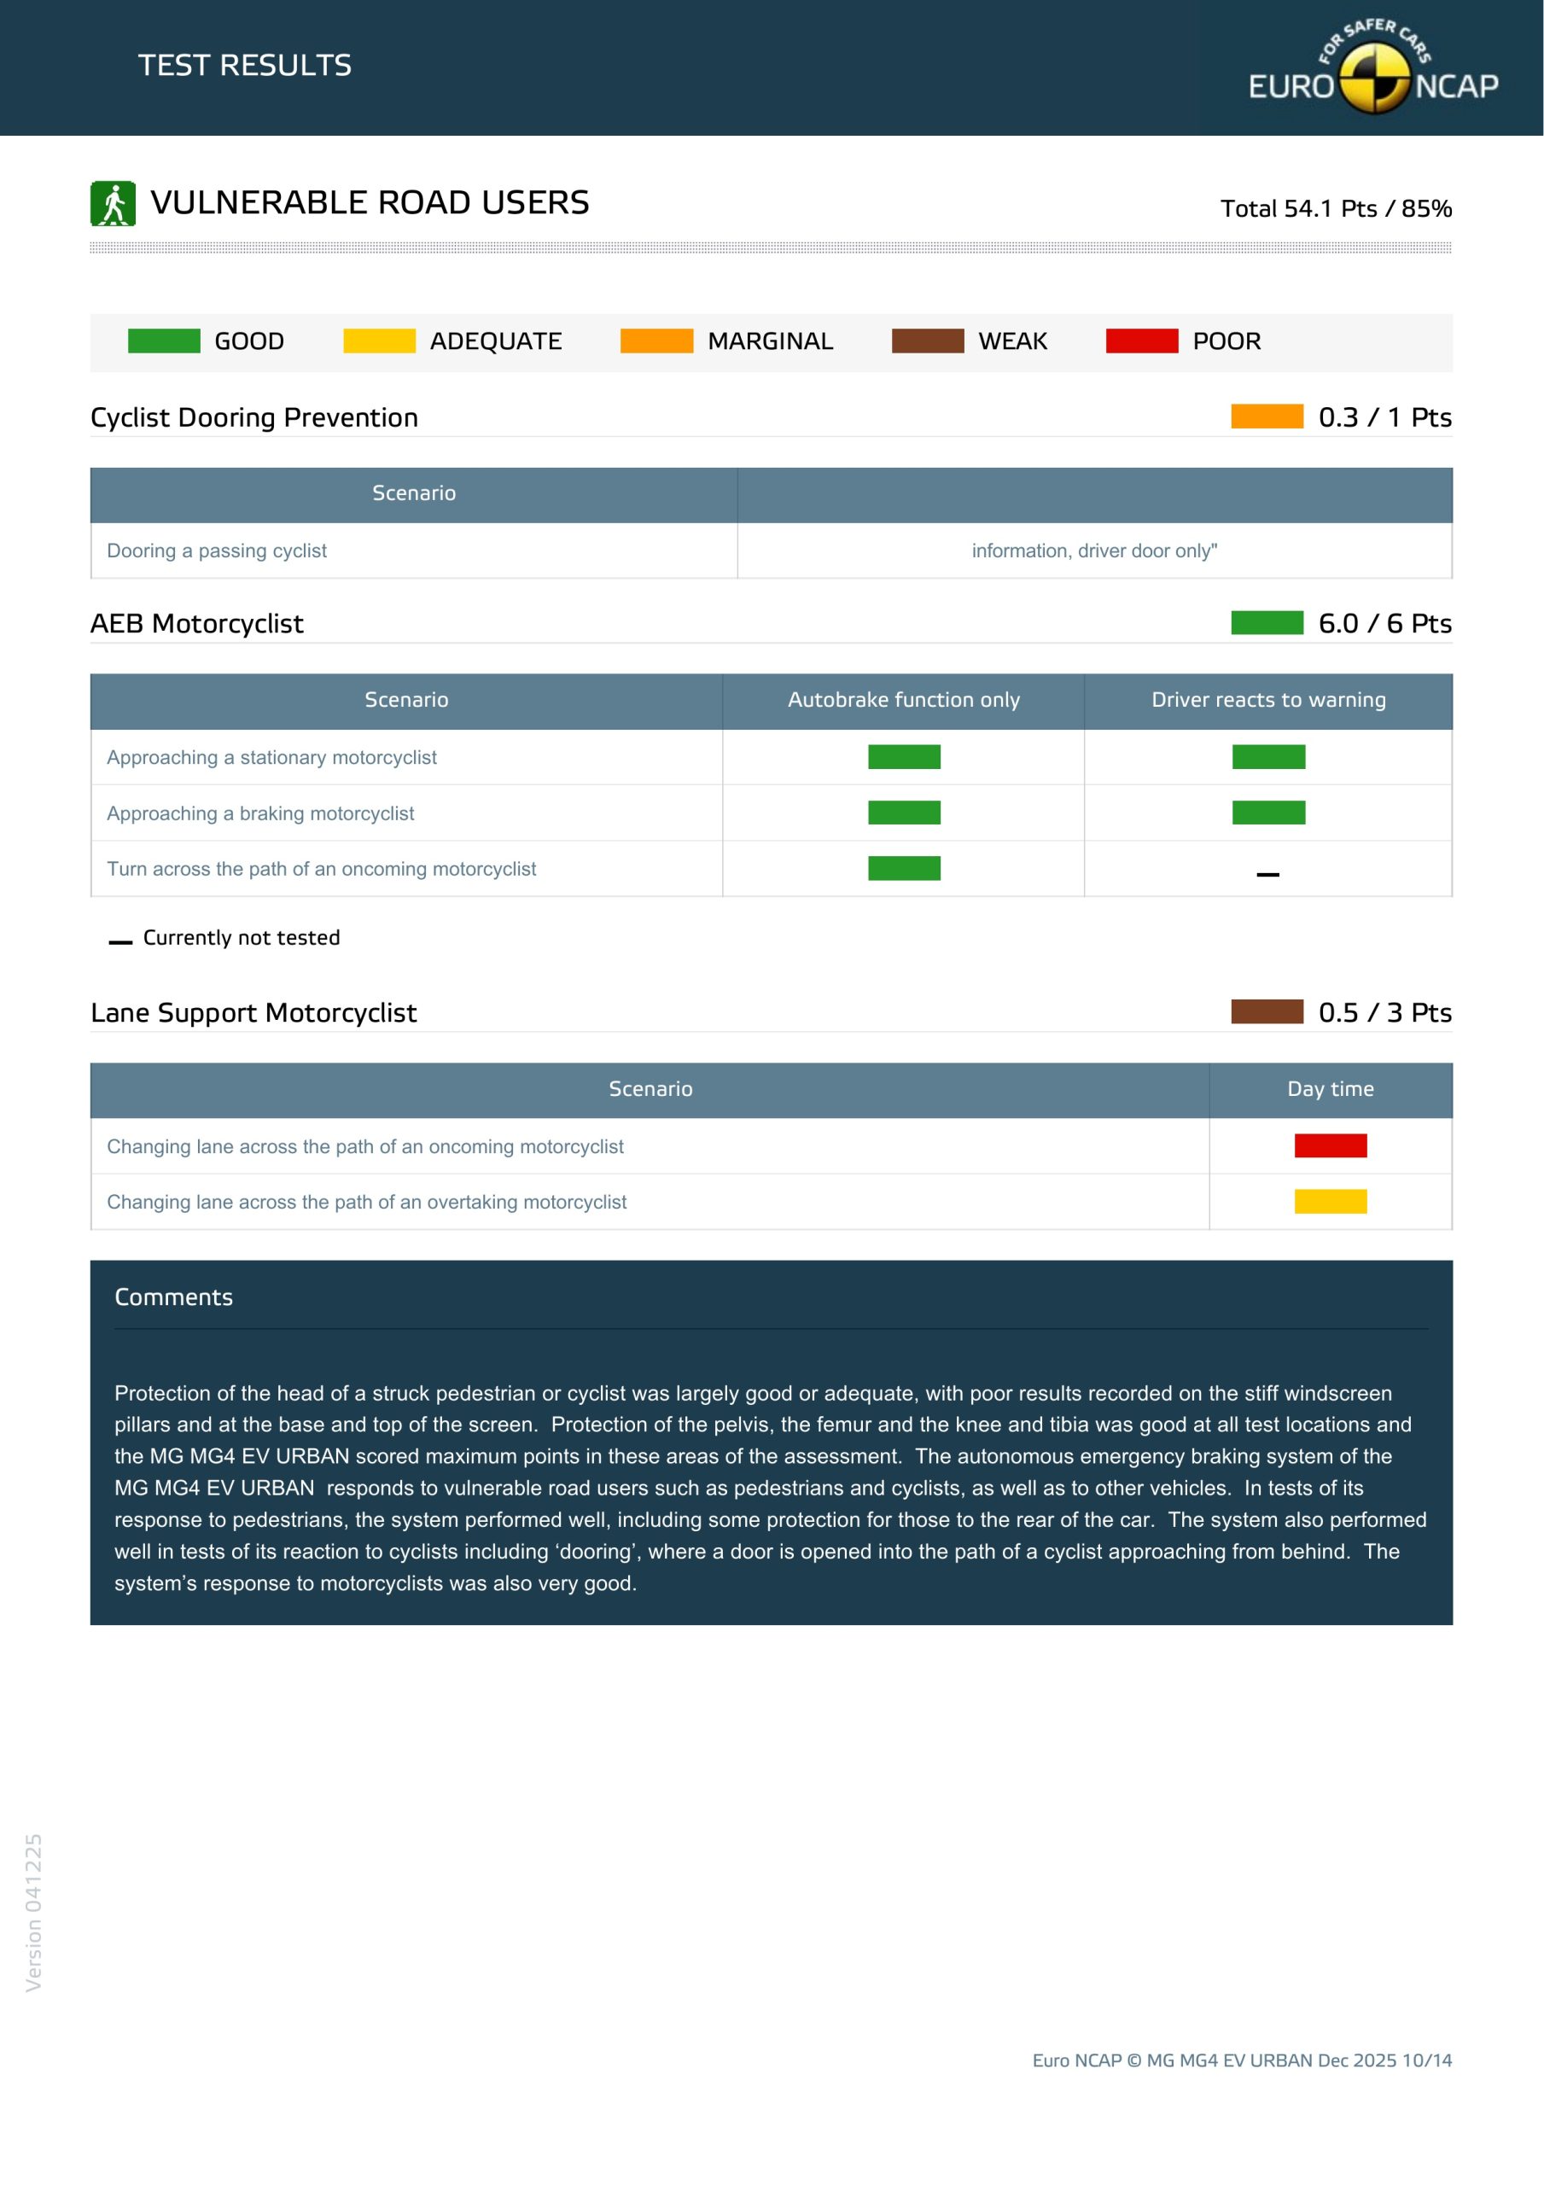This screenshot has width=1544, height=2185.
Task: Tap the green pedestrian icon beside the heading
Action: tap(113, 204)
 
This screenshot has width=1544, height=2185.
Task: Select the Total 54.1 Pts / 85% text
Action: tap(1335, 208)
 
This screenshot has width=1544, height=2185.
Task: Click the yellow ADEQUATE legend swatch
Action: tap(379, 341)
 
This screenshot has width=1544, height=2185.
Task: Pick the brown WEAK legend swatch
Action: tap(927, 341)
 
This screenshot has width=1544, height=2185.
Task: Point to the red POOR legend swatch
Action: tap(1141, 341)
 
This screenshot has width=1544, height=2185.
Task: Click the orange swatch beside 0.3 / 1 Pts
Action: tap(1266, 417)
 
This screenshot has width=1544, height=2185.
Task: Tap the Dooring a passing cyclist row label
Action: tap(216, 551)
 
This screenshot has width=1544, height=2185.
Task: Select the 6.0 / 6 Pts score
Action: tap(1384, 623)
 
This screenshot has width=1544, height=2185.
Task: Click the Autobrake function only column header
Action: tap(903, 701)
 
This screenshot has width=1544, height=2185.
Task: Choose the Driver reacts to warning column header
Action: tap(1268, 701)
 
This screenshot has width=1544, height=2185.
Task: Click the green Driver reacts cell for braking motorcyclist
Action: tap(1268, 813)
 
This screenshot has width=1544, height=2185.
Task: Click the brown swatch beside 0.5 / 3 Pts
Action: tap(1266, 1011)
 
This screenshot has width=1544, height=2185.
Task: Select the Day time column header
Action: tap(1330, 1090)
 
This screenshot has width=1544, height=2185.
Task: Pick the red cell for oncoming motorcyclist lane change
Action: tap(1330, 1145)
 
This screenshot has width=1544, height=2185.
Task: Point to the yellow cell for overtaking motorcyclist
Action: tap(1330, 1202)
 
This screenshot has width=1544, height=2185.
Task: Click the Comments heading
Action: tap(173, 1297)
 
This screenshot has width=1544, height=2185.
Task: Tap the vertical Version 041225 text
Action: tap(33, 1912)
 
